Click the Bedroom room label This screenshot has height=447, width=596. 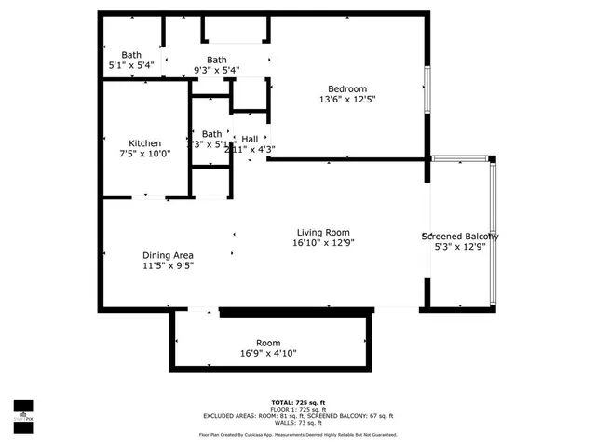[346, 88]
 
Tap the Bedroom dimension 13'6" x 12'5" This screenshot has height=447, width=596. [346, 99]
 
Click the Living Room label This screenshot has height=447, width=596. [323, 232]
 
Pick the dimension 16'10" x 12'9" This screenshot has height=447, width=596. [323, 243]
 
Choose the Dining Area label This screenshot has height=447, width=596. [168, 255]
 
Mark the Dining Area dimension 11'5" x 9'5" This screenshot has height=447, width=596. [168, 265]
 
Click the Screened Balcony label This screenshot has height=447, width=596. [460, 237]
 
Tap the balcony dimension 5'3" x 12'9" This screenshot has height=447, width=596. [460, 247]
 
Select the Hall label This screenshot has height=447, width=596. [250, 139]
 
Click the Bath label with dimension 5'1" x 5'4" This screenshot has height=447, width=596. [130, 55]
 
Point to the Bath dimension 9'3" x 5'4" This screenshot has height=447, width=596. [216, 70]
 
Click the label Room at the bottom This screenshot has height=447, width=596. [268, 343]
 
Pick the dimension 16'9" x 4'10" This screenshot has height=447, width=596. [268, 354]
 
